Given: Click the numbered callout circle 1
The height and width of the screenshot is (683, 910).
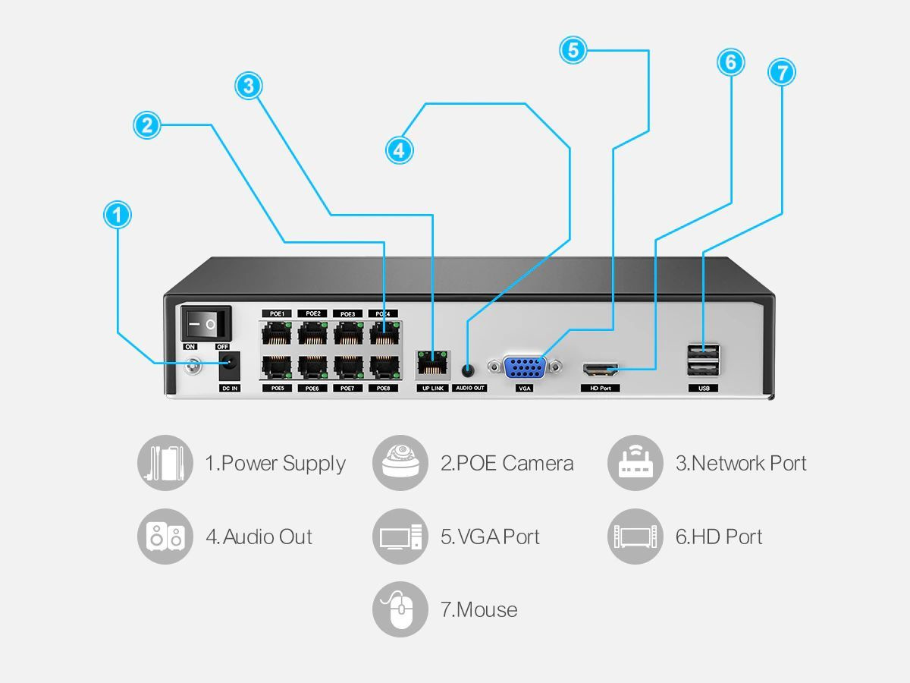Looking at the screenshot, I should [117, 215].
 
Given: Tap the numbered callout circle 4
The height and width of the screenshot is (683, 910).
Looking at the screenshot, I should [399, 150].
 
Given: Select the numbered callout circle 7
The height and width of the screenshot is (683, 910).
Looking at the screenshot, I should [781, 73].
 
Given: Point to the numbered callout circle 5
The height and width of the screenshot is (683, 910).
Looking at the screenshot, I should [573, 50].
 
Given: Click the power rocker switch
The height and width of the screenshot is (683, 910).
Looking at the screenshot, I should [206, 324].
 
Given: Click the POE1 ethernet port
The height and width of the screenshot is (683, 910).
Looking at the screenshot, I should [277, 333].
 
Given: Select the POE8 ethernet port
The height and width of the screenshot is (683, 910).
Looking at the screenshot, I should [384, 367].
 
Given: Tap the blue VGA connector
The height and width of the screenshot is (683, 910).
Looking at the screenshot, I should [526, 368].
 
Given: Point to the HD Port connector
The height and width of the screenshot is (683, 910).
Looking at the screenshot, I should [600, 370].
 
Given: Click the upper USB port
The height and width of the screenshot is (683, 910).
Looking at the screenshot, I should [703, 351].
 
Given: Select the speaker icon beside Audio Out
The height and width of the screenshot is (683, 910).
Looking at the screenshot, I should [165, 537].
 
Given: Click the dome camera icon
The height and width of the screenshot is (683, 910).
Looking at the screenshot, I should [400, 463].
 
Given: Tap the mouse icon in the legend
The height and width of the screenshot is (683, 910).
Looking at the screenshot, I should [400, 609].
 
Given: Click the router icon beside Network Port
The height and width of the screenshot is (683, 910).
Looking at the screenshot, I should [635, 463].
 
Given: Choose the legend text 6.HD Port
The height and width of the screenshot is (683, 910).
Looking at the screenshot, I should [718, 537].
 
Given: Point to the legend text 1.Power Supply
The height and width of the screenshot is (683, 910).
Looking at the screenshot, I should [275, 463].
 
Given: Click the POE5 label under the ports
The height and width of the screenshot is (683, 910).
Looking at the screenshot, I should [277, 389].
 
